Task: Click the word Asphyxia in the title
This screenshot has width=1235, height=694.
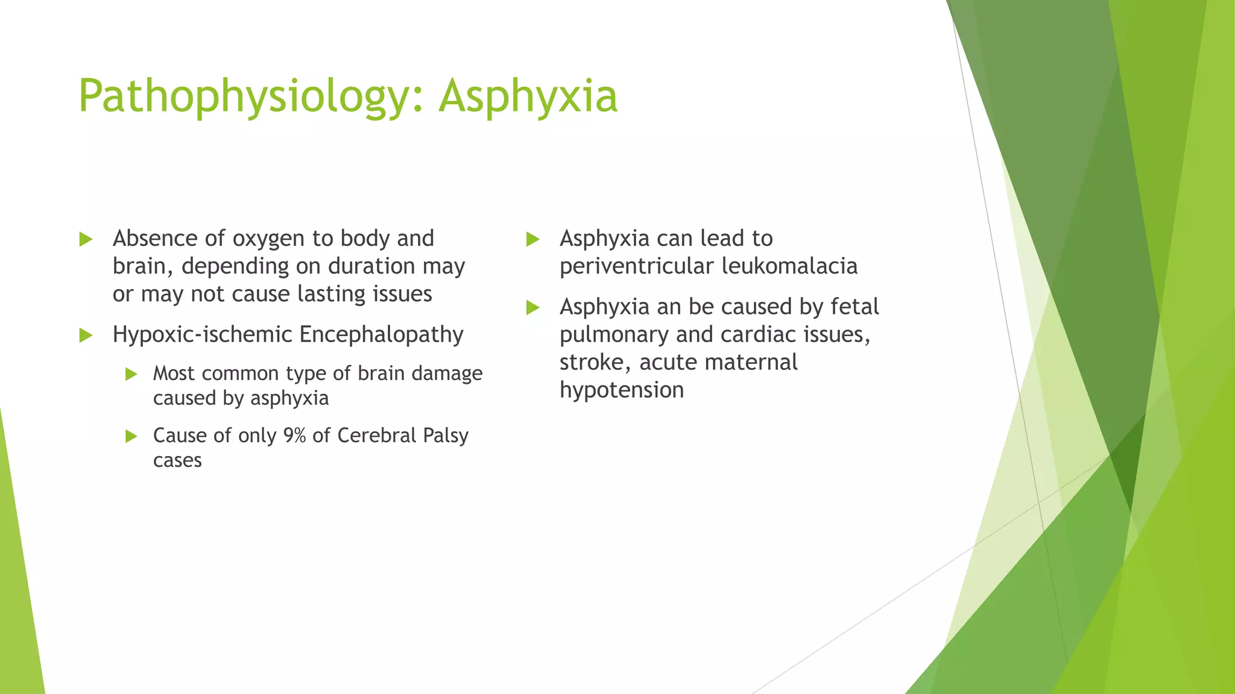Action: click(x=528, y=96)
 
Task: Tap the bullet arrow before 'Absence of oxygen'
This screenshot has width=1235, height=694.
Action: click(x=86, y=240)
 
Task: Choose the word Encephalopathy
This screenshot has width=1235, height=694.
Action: click(x=381, y=335)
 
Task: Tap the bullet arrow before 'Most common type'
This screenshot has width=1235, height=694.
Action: click(x=131, y=374)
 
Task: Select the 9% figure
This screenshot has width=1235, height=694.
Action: click(x=294, y=435)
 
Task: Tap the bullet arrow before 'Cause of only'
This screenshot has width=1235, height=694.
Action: click(x=131, y=436)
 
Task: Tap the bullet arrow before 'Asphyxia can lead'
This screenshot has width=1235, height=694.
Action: click(x=532, y=240)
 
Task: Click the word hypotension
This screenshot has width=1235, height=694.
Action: click(x=622, y=390)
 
